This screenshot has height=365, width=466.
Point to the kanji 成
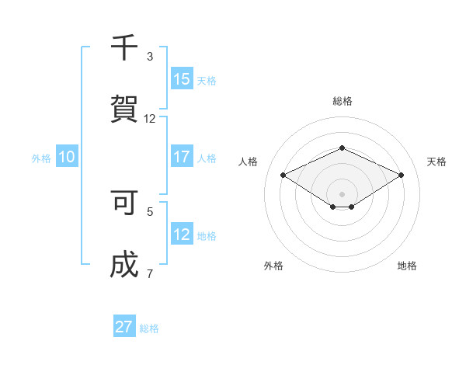pyautogui.click(x=124, y=265)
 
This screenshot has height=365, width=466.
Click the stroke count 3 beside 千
pyautogui.click(x=150, y=57)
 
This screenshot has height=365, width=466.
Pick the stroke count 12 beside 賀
pyautogui.click(x=150, y=119)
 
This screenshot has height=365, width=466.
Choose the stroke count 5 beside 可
pyautogui.click(x=150, y=210)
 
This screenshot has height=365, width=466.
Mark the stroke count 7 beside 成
pyautogui.click(x=150, y=273)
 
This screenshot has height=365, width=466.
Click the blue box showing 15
pyautogui.click(x=182, y=78)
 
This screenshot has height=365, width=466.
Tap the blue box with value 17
pyautogui.click(x=182, y=156)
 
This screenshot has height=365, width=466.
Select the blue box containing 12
pyautogui.click(x=182, y=235)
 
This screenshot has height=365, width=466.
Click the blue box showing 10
pyautogui.click(x=67, y=157)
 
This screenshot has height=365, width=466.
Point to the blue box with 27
pyautogui.click(x=124, y=327)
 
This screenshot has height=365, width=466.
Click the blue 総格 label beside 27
pyautogui.click(x=149, y=328)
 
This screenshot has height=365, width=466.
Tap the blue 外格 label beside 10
pyautogui.click(x=41, y=158)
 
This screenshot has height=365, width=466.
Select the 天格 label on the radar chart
pyautogui.click(x=436, y=162)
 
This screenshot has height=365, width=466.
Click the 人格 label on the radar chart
pyautogui.click(x=249, y=162)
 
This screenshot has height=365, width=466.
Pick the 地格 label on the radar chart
pyautogui.click(x=407, y=266)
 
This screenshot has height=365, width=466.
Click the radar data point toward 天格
pyautogui.click(x=402, y=175)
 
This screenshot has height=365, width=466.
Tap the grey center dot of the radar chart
pyautogui.click(x=342, y=193)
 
